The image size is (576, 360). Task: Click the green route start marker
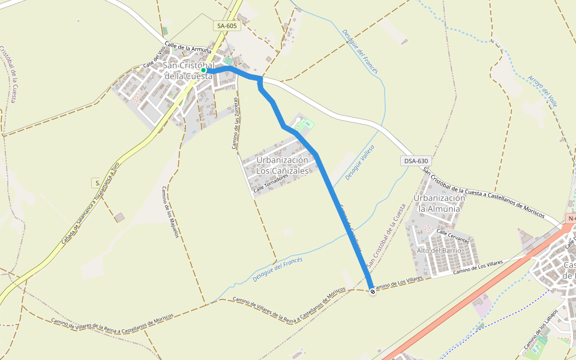[x=203, y=70]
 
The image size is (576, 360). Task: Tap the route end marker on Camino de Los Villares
[x=373, y=292]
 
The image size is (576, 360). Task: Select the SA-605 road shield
[x=227, y=26]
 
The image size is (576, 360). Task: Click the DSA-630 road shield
[x=416, y=161]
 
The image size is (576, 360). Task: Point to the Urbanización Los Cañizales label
[x=282, y=166]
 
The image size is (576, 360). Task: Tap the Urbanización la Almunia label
[x=440, y=203]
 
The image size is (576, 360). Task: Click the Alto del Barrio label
[x=439, y=250]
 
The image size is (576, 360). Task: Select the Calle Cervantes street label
[x=452, y=236]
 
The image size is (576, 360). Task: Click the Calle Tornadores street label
[x=275, y=185]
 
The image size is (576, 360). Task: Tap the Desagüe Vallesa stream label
[x=360, y=162]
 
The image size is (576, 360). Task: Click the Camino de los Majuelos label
[x=170, y=212]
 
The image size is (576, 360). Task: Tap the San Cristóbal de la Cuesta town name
[x=188, y=71]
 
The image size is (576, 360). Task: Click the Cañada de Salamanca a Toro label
[x=91, y=203]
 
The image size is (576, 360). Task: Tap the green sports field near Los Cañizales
[x=306, y=125]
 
